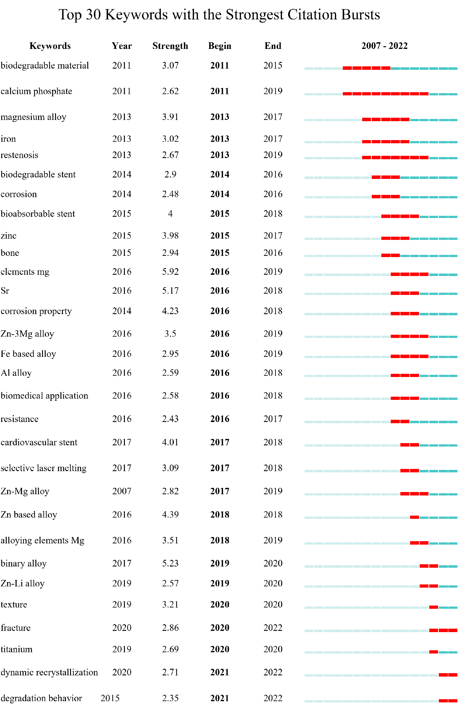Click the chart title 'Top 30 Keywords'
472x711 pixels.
(x=219, y=15)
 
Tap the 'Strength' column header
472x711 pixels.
(x=170, y=46)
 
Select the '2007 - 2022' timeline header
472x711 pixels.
(x=384, y=46)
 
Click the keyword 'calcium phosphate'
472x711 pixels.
(x=36, y=91)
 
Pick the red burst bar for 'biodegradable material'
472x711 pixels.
(x=366, y=68)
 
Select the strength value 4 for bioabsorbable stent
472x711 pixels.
(x=170, y=214)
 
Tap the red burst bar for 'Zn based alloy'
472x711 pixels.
(x=414, y=517)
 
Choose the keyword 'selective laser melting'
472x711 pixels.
(x=44, y=468)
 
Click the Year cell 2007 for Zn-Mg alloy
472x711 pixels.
(x=122, y=491)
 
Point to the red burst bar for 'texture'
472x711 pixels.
(x=433, y=607)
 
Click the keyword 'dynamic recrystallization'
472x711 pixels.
(x=49, y=672)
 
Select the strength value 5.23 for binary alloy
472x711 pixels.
(x=170, y=563)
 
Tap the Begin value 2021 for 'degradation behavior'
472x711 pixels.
(x=220, y=698)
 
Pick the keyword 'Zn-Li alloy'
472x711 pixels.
(x=23, y=583)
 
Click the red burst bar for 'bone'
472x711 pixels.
(x=390, y=255)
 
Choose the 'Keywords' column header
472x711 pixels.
(x=50, y=46)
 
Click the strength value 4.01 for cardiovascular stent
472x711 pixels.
(x=170, y=442)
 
